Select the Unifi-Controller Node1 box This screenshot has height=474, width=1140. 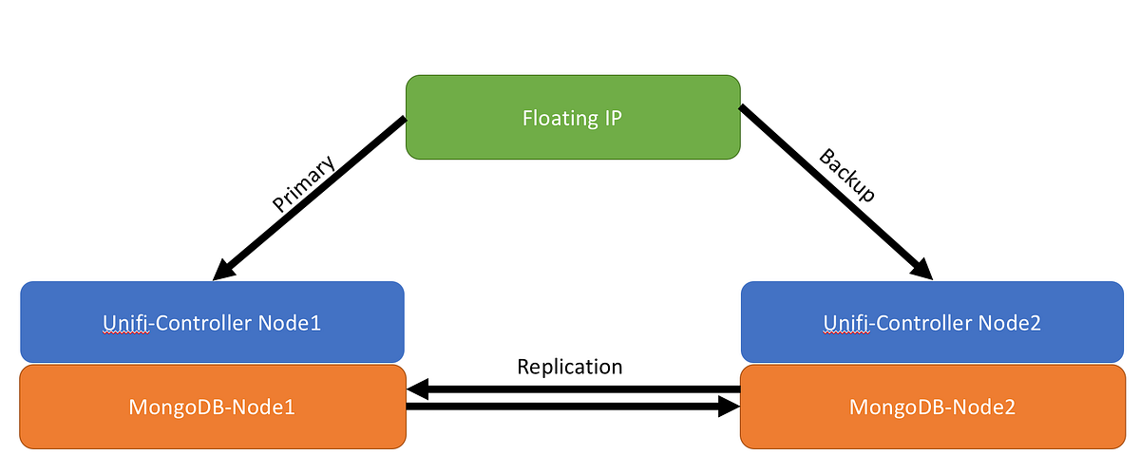pyautogui.click(x=212, y=322)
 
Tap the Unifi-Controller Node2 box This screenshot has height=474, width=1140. pyautogui.click(x=932, y=322)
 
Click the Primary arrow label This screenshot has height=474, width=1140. pyautogui.click(x=304, y=184)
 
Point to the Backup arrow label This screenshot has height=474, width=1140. pyautogui.click(x=846, y=175)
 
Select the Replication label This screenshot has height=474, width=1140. pyautogui.click(x=569, y=367)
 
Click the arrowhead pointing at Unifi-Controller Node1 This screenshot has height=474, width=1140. pyautogui.click(x=223, y=271)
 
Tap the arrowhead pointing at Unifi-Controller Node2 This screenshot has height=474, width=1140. pyautogui.click(x=921, y=270)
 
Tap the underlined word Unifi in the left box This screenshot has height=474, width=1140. pyautogui.click(x=123, y=323)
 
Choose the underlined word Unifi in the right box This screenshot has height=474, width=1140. pyautogui.click(x=844, y=323)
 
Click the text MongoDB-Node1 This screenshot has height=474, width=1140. pyautogui.click(x=212, y=408)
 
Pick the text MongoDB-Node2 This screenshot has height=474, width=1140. pyautogui.click(x=932, y=408)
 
